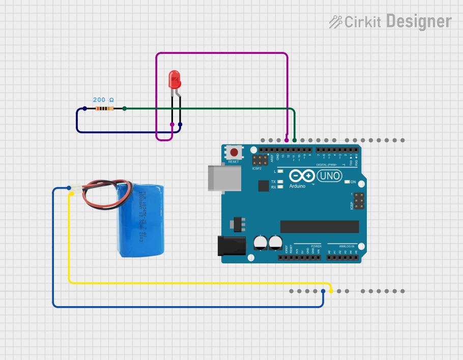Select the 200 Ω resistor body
point(104,108)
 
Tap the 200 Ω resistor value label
point(103,100)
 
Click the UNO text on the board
point(329,176)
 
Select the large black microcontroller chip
point(320,227)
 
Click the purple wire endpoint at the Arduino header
point(286,140)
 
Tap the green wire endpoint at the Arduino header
point(295,140)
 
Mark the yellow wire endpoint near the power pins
point(331,291)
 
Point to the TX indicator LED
point(280,182)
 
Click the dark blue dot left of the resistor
point(84,108)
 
